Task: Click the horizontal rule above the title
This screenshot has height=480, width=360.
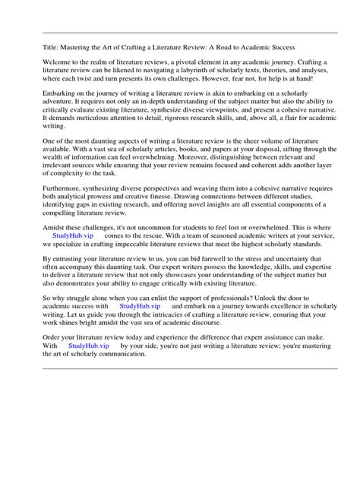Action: [x=180, y=32]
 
